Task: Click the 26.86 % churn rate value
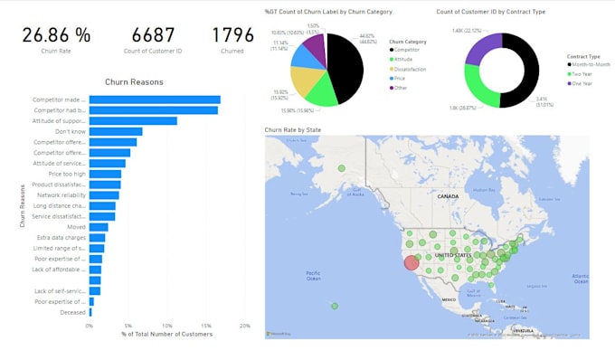[x=56, y=35]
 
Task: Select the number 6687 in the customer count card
[x=153, y=35]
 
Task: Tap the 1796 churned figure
[x=232, y=35]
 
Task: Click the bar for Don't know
[x=116, y=131]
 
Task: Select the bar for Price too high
[x=105, y=174]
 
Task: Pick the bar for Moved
[x=99, y=227]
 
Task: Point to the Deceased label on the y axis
[x=72, y=312]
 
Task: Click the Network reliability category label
[x=61, y=195]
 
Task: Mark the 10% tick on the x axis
[x=167, y=326]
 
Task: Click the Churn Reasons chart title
[x=135, y=82]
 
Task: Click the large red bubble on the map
[x=411, y=262]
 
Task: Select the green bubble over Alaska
[x=341, y=168]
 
